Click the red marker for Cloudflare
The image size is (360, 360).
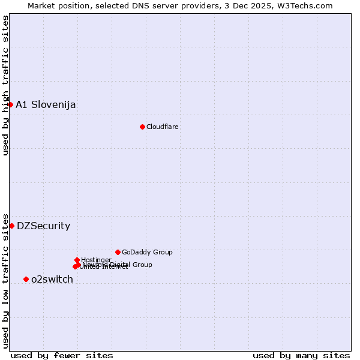[x=142, y=127]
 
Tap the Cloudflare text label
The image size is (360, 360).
[x=162, y=127]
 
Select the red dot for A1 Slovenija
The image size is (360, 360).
[x=10, y=104]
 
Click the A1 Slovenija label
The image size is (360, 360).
[x=46, y=104]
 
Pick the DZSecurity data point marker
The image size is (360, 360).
[x=11, y=226]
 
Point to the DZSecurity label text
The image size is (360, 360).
[x=43, y=226]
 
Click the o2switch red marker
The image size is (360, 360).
[x=26, y=279]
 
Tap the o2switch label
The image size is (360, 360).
[x=52, y=279]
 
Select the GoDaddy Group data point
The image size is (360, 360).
[x=118, y=252]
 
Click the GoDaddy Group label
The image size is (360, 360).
[x=147, y=252]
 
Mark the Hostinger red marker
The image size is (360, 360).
[x=77, y=260]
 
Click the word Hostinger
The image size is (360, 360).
[x=96, y=260]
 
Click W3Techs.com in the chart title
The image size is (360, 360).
[x=307, y=5]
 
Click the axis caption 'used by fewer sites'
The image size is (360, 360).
[x=62, y=355]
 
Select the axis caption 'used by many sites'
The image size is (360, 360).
[x=301, y=355]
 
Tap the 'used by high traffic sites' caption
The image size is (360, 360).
[x=5, y=85]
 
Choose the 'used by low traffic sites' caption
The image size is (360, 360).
[x=5, y=280]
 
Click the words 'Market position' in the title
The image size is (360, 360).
[x=58, y=5]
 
